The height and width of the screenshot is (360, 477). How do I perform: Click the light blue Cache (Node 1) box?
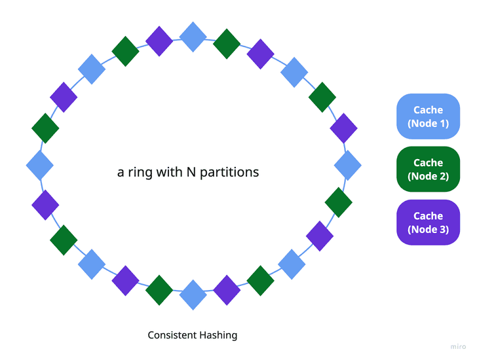click(x=428, y=117)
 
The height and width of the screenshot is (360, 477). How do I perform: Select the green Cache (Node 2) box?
click(x=428, y=169)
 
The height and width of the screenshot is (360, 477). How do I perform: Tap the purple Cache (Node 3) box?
click(x=428, y=222)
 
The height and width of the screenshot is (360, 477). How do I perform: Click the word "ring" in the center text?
click(x=140, y=173)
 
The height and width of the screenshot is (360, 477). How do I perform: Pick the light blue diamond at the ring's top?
click(x=193, y=37)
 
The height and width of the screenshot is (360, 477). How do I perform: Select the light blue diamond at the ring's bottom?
click(x=193, y=295)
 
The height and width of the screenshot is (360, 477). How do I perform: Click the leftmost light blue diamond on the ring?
click(x=39, y=164)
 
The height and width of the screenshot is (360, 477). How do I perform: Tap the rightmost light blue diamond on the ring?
click(x=348, y=165)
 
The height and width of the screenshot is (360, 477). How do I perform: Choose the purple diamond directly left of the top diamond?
click(x=159, y=41)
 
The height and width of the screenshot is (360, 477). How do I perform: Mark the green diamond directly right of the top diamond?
click(x=227, y=44)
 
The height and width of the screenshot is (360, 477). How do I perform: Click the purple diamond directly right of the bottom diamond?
click(x=227, y=290)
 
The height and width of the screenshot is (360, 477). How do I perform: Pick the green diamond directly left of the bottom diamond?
click(x=159, y=290)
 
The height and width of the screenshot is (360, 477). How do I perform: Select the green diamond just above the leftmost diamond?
click(x=45, y=128)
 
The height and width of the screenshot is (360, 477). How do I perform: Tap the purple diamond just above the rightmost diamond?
click(x=343, y=128)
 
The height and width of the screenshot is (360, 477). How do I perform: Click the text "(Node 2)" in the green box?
click(x=428, y=175)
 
